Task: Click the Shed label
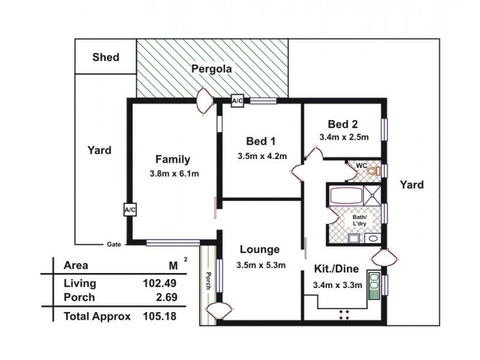click(106, 58)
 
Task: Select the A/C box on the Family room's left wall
click(130, 209)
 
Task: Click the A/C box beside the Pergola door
click(238, 101)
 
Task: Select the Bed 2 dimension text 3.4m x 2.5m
click(343, 137)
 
